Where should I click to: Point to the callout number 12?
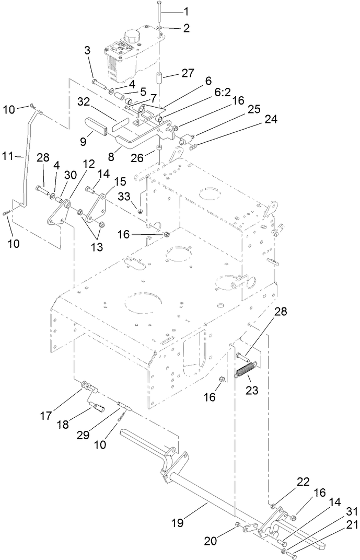pyautogui.click(x=89, y=165)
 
